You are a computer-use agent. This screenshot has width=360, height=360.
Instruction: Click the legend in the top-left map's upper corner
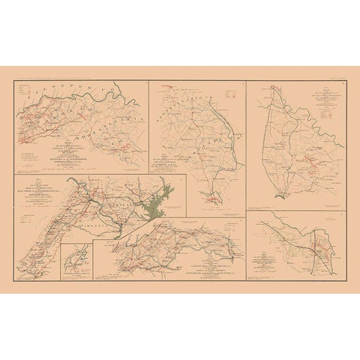point(31,94)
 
